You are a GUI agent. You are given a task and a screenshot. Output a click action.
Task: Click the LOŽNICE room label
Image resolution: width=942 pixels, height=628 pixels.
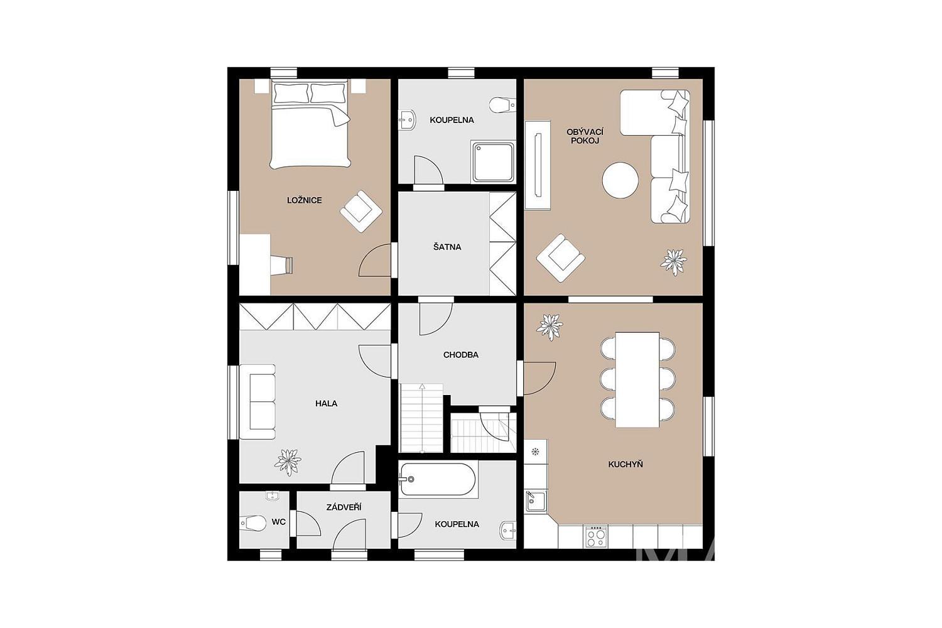(305, 200)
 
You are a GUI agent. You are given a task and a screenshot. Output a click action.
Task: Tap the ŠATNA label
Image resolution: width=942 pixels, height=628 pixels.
(447, 247)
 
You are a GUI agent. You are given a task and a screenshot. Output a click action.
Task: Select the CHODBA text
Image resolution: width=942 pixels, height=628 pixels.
(461, 355)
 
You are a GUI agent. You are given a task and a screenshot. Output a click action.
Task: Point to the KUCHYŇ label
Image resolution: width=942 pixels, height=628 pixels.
(625, 464)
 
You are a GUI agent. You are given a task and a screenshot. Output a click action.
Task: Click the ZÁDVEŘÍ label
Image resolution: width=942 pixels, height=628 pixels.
(344, 507)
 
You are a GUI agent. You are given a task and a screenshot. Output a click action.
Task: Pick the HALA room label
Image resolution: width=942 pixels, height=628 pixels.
(327, 404)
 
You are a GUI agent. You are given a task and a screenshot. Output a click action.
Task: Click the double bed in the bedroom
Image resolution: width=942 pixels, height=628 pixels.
(310, 124)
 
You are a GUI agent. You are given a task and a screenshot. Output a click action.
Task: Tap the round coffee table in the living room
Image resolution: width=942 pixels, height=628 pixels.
(620, 181)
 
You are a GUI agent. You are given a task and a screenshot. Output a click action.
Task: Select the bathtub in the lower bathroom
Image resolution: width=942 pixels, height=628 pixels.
(438, 479)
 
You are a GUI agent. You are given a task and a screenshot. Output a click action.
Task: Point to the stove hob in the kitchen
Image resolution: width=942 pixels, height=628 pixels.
(595, 536)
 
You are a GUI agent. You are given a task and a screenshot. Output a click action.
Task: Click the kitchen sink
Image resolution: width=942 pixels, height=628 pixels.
(536, 501)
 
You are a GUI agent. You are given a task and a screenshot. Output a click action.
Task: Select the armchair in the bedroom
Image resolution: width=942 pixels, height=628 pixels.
(361, 211)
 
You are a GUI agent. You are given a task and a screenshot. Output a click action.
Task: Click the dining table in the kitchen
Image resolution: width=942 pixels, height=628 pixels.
(637, 380)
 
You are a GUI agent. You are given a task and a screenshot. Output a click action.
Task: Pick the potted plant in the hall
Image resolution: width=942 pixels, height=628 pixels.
(288, 462)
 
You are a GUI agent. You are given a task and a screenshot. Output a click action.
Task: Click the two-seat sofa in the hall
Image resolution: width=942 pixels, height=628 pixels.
(257, 402)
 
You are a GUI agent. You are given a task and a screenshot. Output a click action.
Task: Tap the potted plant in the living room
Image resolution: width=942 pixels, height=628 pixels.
(674, 263)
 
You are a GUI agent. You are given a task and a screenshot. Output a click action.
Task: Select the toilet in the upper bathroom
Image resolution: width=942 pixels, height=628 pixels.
(502, 105)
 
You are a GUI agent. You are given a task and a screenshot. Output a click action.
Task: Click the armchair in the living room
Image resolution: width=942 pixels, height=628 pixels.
(561, 258)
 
